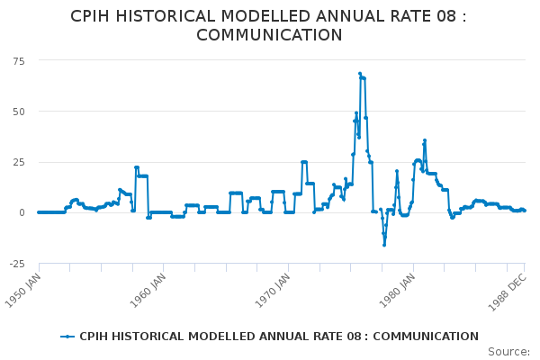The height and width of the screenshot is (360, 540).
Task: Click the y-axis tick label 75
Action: click(19, 60)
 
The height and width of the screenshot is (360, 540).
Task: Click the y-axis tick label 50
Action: click(19, 111)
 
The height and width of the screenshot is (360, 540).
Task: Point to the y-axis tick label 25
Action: click(19, 162)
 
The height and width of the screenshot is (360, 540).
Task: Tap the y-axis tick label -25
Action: click(16, 264)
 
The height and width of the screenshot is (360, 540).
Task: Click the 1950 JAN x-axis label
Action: click(23, 289)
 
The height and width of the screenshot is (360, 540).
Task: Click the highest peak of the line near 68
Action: click(360, 74)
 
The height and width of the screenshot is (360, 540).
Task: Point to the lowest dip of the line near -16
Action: click(383, 245)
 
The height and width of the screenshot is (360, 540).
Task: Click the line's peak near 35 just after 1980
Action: click(425, 140)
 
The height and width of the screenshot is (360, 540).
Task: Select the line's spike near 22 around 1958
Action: click(136, 167)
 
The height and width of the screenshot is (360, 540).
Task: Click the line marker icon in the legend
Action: click(67, 337)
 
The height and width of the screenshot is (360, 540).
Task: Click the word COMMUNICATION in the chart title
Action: click(269, 35)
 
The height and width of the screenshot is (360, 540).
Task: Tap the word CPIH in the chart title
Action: click(94, 16)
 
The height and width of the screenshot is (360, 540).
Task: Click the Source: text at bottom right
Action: click(508, 351)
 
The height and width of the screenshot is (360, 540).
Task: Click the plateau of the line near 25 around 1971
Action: click(304, 162)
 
